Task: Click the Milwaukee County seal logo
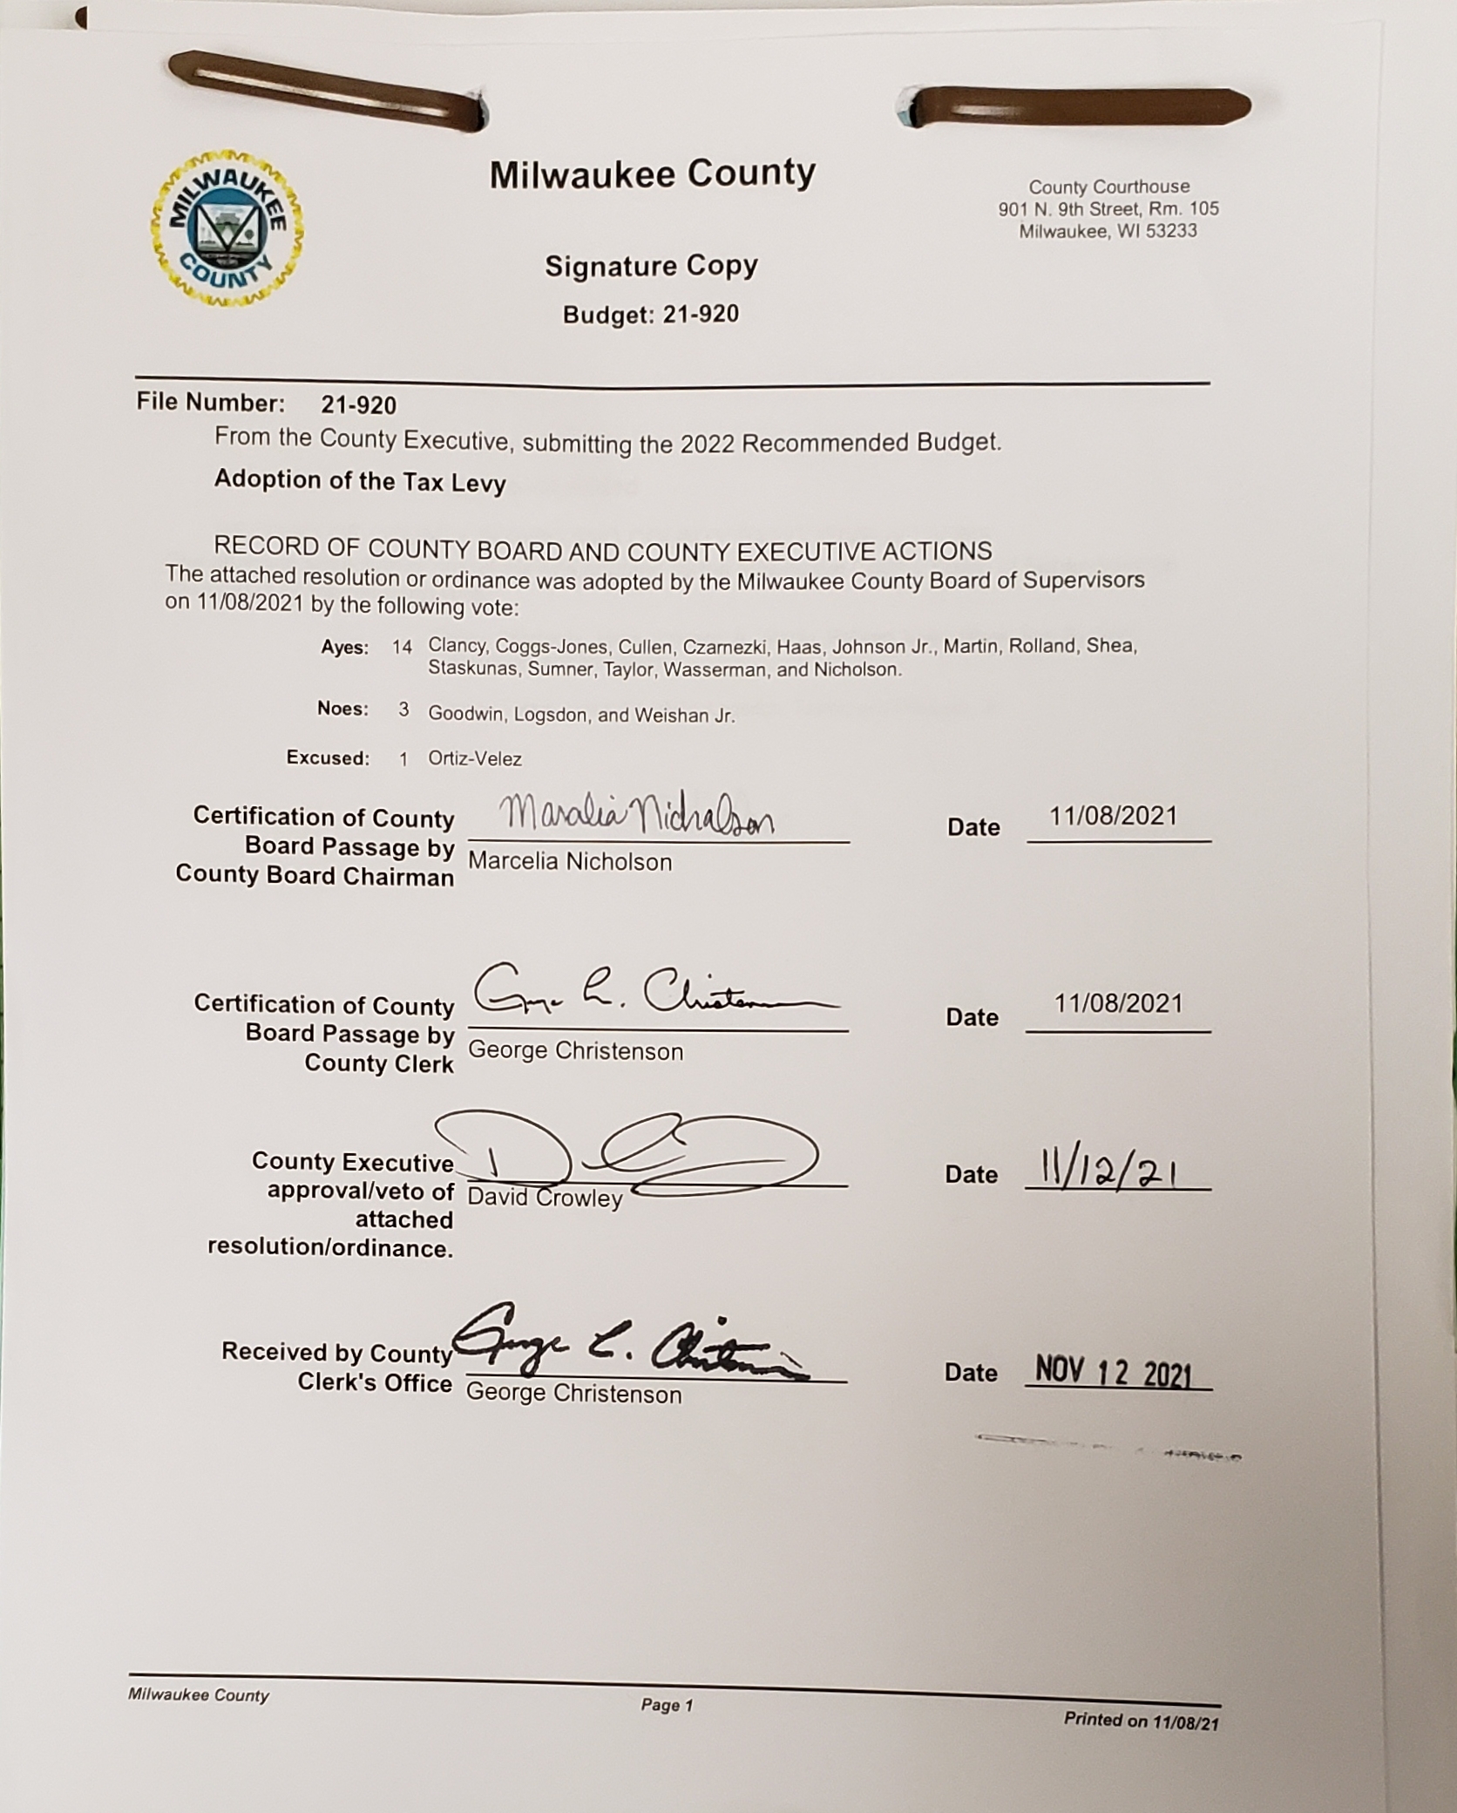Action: point(227,228)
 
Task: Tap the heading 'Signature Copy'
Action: point(651,266)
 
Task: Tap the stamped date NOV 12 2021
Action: point(1114,1373)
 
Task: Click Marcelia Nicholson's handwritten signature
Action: point(636,817)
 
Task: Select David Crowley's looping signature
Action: point(636,1152)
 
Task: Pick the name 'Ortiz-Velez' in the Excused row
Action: point(475,759)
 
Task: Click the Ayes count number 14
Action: point(402,647)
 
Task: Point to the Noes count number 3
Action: point(403,710)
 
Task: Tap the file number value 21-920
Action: point(358,405)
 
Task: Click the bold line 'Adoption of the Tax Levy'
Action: point(360,480)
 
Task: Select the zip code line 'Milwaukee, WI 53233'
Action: point(1108,231)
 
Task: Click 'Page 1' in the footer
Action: point(667,1705)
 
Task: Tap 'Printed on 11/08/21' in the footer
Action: point(1141,1720)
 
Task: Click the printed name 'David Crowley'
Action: point(545,1198)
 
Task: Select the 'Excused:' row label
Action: point(328,758)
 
